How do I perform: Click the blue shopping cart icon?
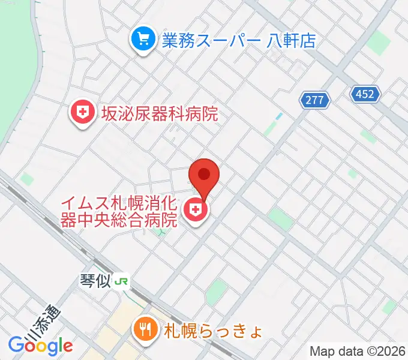click(143, 41)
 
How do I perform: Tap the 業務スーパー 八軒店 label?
click(238, 41)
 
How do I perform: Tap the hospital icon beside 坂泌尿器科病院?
click(83, 112)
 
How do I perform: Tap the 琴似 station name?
click(95, 280)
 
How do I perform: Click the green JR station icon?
click(122, 281)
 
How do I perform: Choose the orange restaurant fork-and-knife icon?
click(144, 328)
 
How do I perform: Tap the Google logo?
click(40, 346)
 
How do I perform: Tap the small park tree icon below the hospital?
click(160, 232)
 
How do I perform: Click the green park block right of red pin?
click(280, 219)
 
